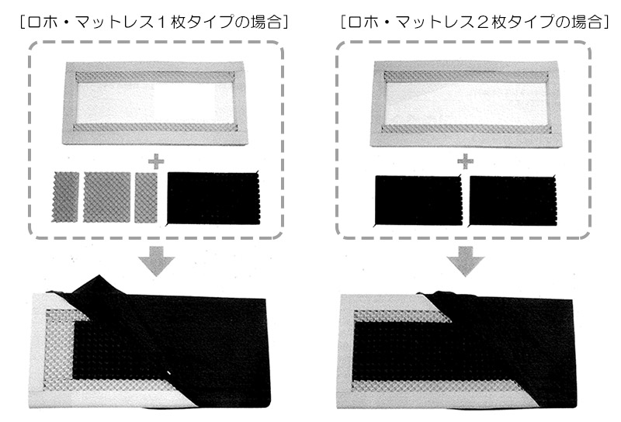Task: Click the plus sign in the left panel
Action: [x=156, y=162]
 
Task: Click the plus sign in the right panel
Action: [x=465, y=162]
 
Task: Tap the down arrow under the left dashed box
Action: [x=157, y=261]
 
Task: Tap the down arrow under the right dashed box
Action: [x=466, y=261]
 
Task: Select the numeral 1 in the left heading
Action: [x=161, y=22]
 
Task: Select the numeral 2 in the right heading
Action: [x=482, y=22]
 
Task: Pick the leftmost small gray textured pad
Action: [x=65, y=197]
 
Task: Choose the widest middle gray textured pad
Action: [x=107, y=197]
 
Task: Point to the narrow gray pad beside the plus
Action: [x=146, y=197]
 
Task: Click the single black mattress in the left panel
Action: [x=213, y=198]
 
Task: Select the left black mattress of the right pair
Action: [x=418, y=200]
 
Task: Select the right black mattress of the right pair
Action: [x=512, y=201]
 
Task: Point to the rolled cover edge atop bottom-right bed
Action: [x=456, y=294]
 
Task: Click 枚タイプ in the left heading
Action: [x=202, y=22]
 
